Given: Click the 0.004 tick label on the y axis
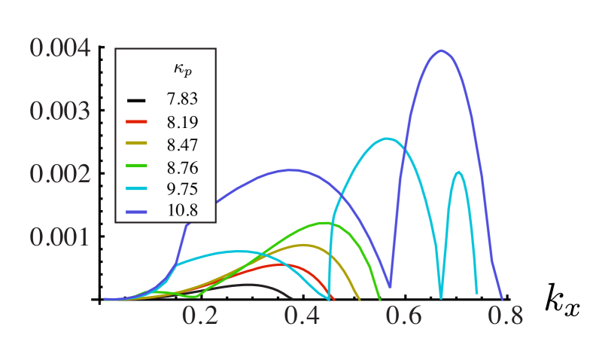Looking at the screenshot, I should click(60, 48).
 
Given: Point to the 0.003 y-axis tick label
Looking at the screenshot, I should click(60, 111).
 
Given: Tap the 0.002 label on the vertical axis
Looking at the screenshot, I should click(60, 174).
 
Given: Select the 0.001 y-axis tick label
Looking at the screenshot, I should click(60, 237).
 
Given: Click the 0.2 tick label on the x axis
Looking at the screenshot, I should click(200, 316).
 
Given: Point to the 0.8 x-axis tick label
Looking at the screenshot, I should click(505, 316).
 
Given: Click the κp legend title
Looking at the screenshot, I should click(182, 70).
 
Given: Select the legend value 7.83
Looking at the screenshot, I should click(182, 99).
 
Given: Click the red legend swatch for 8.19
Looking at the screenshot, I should click(136, 121).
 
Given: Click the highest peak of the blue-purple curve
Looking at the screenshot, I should click(441, 50).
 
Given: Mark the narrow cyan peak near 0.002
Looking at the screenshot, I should click(458, 172).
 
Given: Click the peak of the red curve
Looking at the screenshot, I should click(282, 264).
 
